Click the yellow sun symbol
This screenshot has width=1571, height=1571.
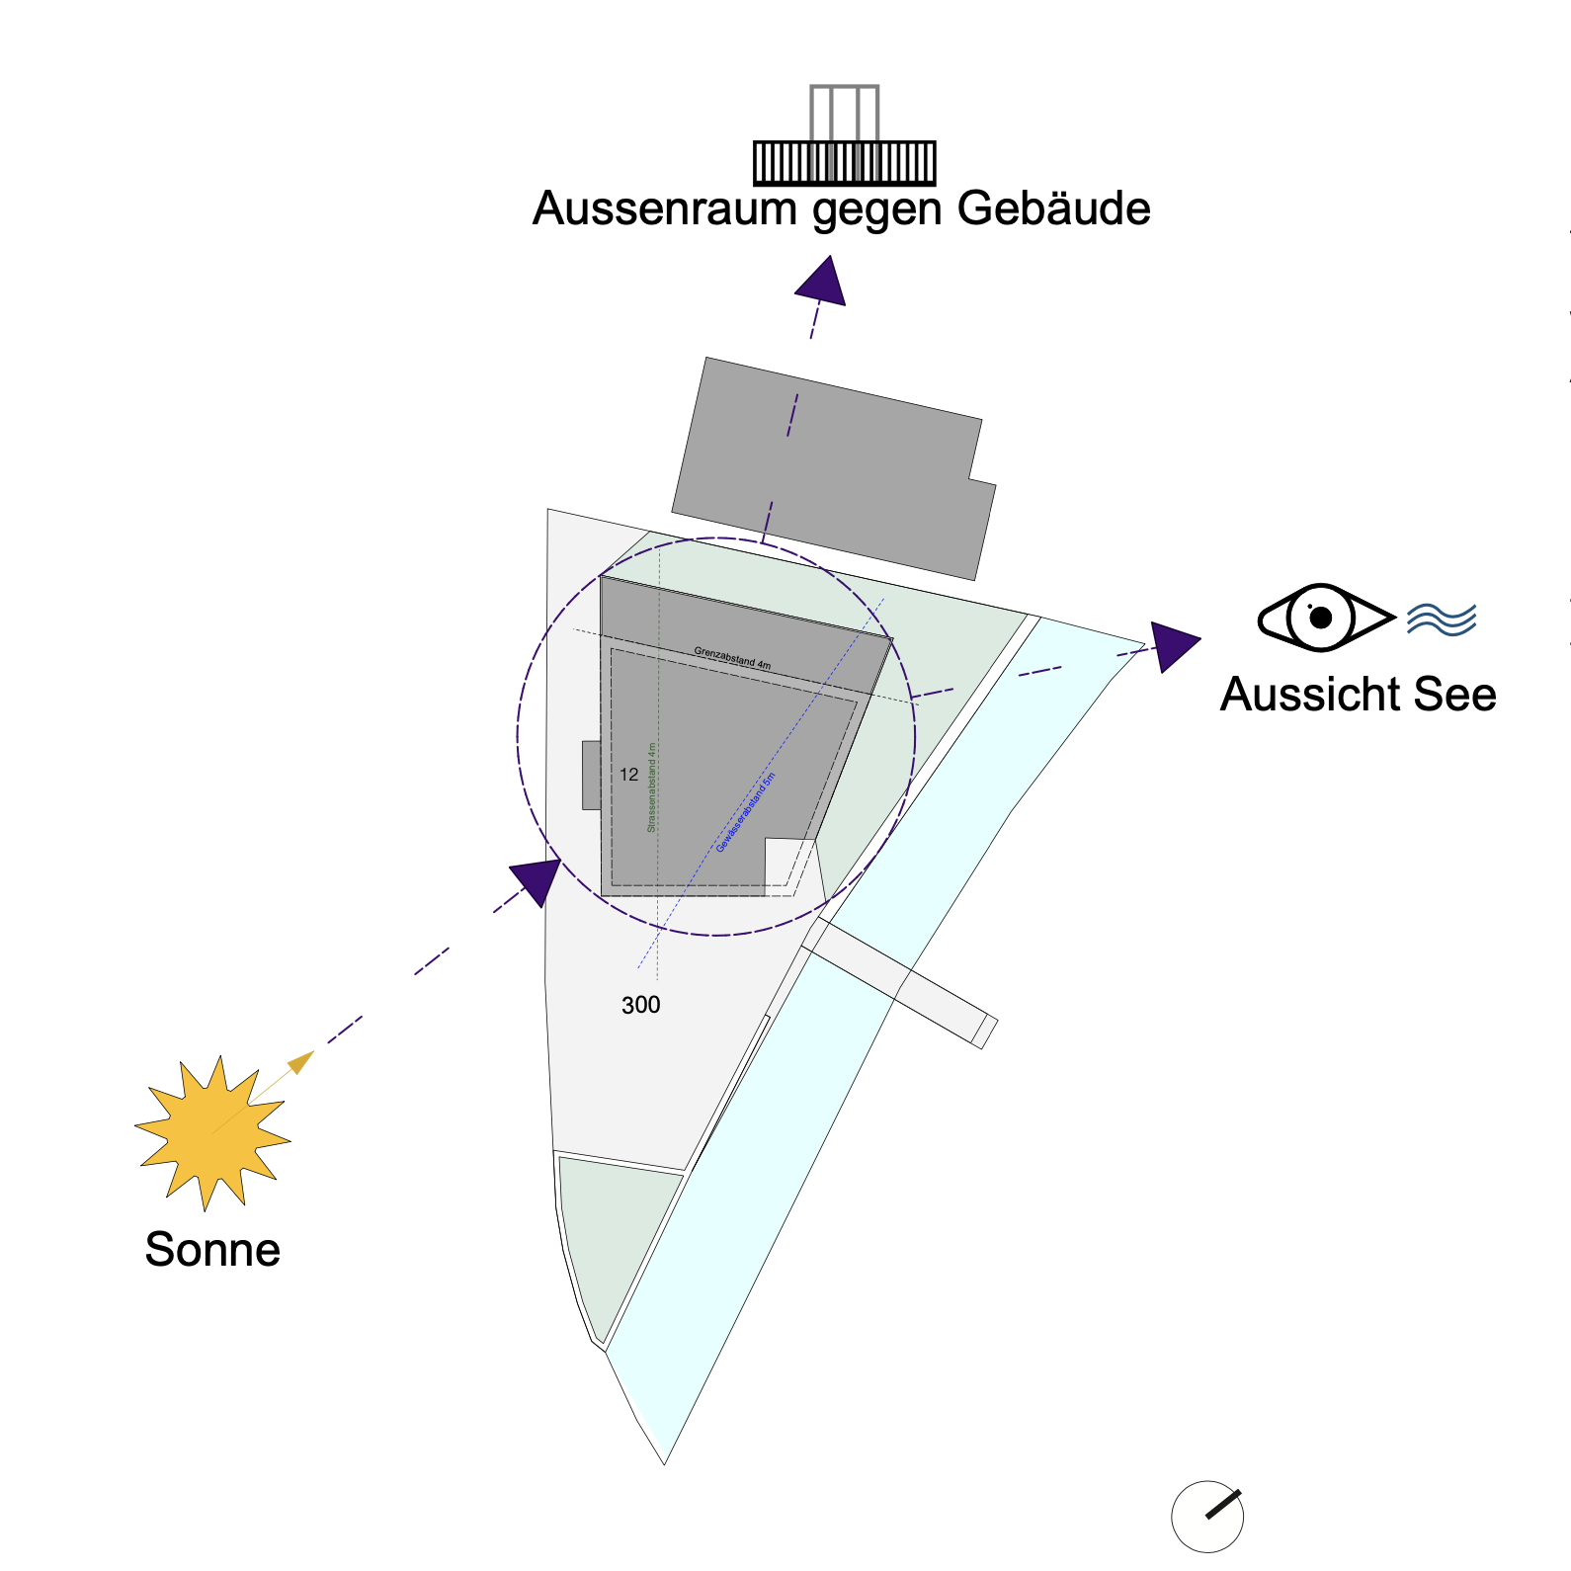211,1133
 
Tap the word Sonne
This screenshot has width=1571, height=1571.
212,1250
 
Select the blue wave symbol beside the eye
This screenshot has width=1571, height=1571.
1442,619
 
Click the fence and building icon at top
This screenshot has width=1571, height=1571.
844,138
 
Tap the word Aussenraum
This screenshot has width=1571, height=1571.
665,209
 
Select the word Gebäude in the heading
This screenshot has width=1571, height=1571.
1053,209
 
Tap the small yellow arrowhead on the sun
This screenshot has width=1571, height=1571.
301,1062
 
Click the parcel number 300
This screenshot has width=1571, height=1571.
640,1005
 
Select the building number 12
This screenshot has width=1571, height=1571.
629,775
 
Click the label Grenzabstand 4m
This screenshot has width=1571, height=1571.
732,658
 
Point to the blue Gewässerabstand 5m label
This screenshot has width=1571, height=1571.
746,812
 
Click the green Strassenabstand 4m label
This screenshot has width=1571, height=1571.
651,787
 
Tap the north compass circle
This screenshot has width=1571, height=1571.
1207,1517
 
